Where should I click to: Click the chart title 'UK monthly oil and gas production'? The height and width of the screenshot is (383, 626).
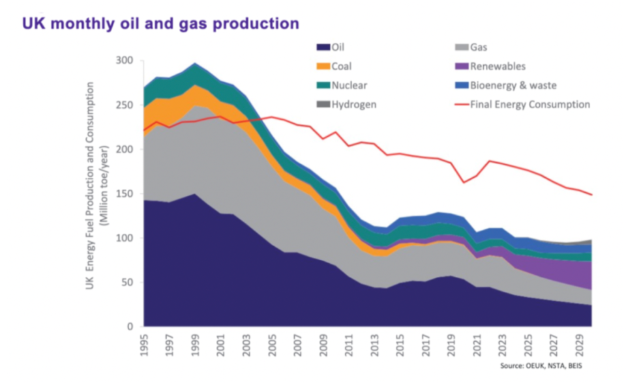click(160, 24)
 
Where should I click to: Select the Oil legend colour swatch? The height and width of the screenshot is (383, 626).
click(323, 48)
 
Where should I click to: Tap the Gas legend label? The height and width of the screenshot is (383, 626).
click(479, 48)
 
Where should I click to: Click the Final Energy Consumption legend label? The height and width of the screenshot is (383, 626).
click(530, 104)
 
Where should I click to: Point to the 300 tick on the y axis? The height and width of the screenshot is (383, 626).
click(125, 61)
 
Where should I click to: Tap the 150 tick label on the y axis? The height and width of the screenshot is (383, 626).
click(125, 193)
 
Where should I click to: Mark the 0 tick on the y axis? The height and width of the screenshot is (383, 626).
click(130, 326)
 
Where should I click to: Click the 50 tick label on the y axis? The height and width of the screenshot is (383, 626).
click(127, 282)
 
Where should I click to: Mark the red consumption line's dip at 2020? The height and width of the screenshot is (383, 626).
click(464, 182)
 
